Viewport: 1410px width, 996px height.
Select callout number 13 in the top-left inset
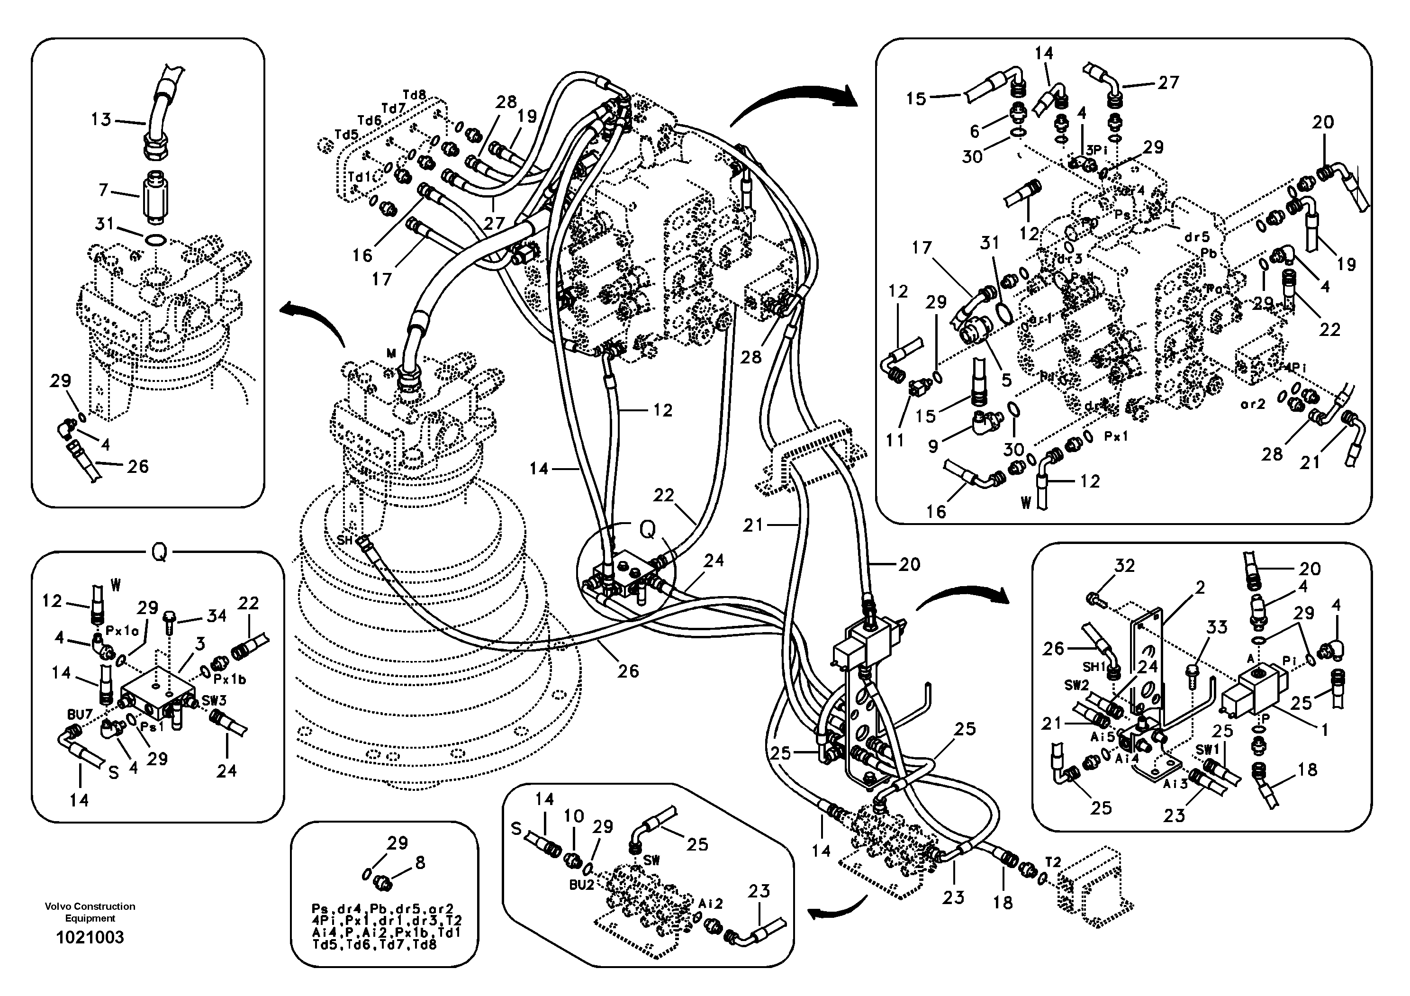[x=101, y=119]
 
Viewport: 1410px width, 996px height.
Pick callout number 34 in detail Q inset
[x=216, y=616]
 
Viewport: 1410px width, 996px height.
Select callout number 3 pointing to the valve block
[x=200, y=643]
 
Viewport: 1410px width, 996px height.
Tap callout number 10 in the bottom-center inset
[x=574, y=816]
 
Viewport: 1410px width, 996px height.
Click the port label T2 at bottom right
[x=1053, y=862]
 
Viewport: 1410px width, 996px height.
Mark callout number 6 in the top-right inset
[x=975, y=131]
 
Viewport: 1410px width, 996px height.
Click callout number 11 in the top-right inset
[x=895, y=440]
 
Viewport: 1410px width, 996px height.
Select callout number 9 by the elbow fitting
[x=933, y=446]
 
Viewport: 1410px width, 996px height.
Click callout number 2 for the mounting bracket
[x=1200, y=588]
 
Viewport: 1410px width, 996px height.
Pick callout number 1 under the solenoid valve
[x=1324, y=730]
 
